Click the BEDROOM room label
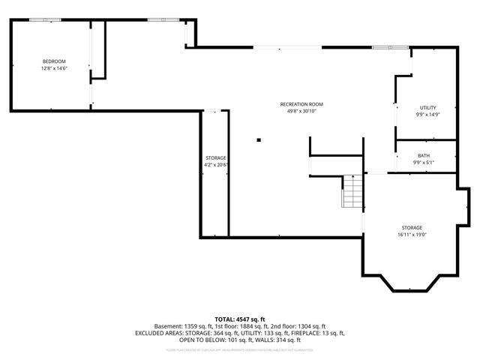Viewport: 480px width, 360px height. click(54, 61)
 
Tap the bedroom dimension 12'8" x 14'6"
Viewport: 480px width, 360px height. click(54, 68)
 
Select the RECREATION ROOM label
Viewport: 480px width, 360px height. click(301, 103)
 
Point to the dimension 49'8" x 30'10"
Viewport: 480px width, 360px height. click(301, 111)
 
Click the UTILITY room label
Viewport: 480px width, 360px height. click(427, 107)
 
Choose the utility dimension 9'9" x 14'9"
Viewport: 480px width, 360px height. click(427, 115)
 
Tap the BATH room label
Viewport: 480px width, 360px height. click(424, 155)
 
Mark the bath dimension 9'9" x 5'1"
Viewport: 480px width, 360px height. click(424, 163)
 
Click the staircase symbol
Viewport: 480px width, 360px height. click(352, 191)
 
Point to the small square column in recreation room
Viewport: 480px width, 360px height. click(258, 139)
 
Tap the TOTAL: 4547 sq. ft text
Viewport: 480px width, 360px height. click(240, 319)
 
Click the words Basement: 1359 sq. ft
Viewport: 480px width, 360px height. click(183, 326)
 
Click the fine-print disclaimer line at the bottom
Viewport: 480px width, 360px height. click(240, 349)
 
